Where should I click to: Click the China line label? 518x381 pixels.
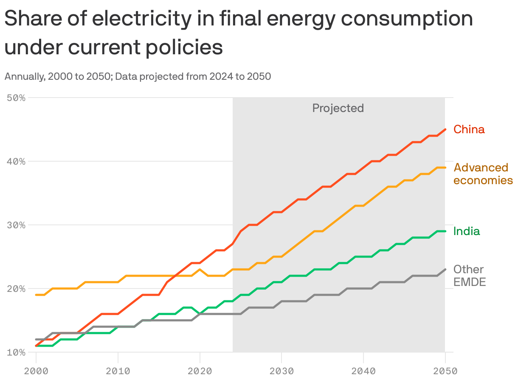point(469,129)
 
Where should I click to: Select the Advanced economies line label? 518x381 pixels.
point(483,174)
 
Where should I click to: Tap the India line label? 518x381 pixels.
point(467,231)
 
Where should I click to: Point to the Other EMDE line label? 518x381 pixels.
point(469,276)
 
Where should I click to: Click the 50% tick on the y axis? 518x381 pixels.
point(16,98)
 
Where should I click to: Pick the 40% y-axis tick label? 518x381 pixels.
point(16,162)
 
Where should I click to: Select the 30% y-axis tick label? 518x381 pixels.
point(16,225)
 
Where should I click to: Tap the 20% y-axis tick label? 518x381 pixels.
point(16,289)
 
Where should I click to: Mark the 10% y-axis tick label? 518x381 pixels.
point(16,353)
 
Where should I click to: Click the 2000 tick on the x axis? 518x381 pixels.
point(36,371)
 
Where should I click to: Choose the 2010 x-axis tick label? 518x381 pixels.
point(118,371)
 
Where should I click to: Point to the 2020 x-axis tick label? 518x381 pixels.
point(200,371)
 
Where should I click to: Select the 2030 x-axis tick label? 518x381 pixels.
point(282,371)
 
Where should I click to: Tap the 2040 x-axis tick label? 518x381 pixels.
point(363,371)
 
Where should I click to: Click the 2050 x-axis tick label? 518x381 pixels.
point(445,371)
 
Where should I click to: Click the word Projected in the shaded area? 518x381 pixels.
point(338,108)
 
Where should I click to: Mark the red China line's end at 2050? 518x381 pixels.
point(445,129)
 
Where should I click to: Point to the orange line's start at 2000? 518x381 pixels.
point(36,295)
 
